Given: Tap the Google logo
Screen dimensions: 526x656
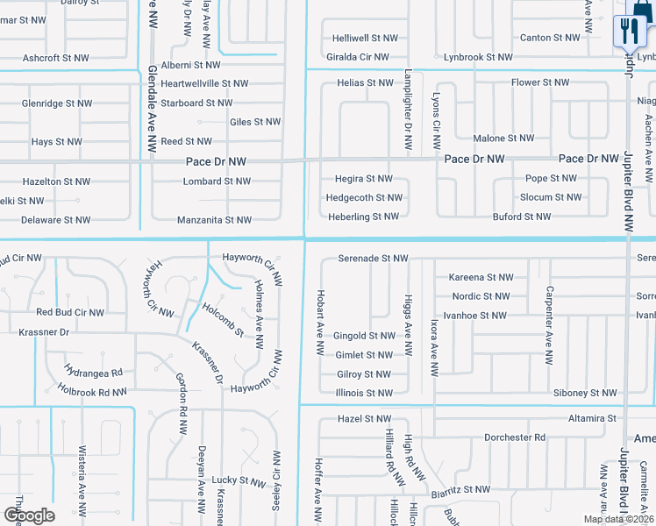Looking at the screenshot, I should [29, 515].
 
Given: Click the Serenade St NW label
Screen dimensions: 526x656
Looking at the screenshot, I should [374, 259].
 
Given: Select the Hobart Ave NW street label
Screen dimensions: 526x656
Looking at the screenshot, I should [321, 323].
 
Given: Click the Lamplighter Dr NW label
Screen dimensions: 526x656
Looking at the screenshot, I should [408, 111].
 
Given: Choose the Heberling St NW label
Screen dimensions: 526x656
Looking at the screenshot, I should [363, 217].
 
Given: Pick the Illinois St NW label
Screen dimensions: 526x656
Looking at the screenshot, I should [364, 394].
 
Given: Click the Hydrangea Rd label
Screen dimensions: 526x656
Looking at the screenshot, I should [93, 372].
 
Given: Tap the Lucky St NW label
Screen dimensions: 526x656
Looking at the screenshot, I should [239, 481].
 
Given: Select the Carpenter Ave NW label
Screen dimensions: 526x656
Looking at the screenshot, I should [549, 324].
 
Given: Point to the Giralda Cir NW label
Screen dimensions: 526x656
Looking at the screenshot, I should [357, 57].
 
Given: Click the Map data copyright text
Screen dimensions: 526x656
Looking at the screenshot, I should [617, 519].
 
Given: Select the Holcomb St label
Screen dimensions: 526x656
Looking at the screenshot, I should [223, 318].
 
